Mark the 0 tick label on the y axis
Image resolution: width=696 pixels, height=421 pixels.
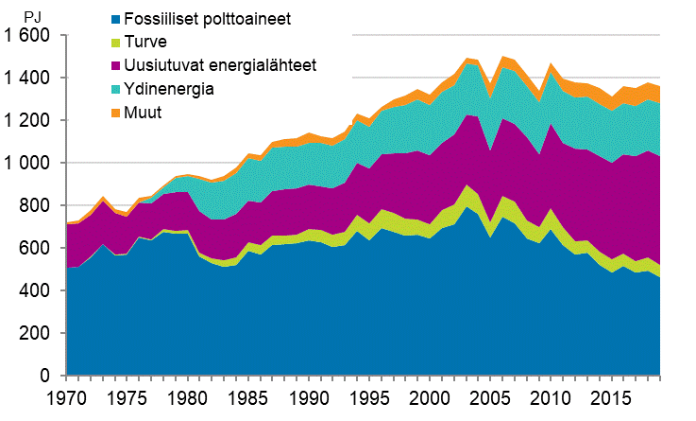pos(49,377)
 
